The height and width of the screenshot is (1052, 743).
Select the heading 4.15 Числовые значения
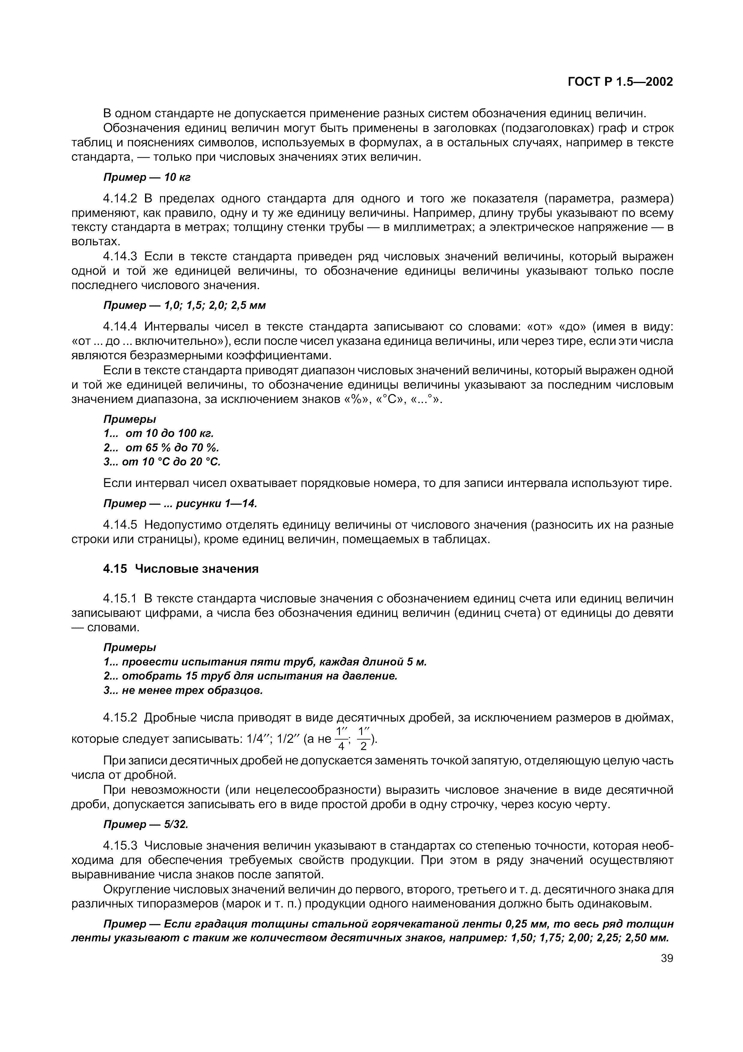click(180, 569)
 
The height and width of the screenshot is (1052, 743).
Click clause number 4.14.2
click(120, 199)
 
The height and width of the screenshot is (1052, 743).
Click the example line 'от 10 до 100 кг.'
click(169, 433)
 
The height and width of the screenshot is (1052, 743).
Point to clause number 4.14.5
click(120, 525)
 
